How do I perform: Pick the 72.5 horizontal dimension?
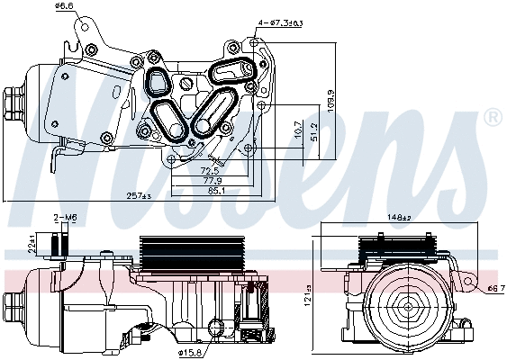[x=211, y=169]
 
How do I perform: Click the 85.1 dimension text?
[x=216, y=190]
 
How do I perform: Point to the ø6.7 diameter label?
[x=494, y=289]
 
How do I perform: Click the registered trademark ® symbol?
[x=492, y=117]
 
